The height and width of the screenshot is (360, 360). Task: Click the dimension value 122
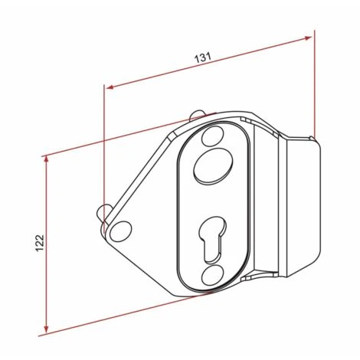tap(40, 242)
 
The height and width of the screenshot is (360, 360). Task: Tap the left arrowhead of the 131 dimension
tap(110, 87)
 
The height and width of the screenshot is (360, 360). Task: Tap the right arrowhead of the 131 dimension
tap(309, 37)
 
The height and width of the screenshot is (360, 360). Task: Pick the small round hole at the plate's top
tap(208, 138)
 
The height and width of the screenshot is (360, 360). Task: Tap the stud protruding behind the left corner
tap(102, 212)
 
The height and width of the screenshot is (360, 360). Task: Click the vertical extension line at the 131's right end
tap(314, 84)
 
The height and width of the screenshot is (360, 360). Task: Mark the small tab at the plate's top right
tap(246, 120)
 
